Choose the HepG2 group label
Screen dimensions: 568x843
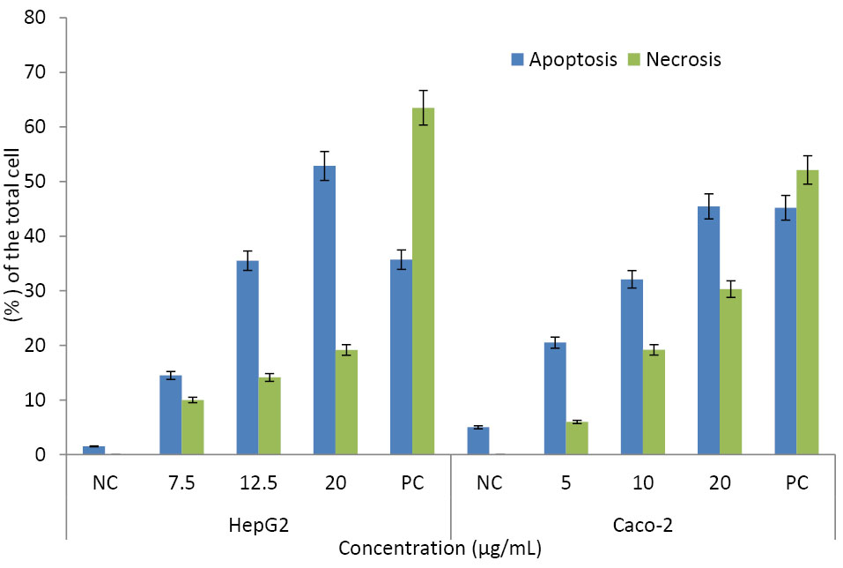[258, 523]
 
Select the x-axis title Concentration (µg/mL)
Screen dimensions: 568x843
[440, 549]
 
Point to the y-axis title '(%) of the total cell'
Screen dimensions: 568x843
[17, 236]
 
